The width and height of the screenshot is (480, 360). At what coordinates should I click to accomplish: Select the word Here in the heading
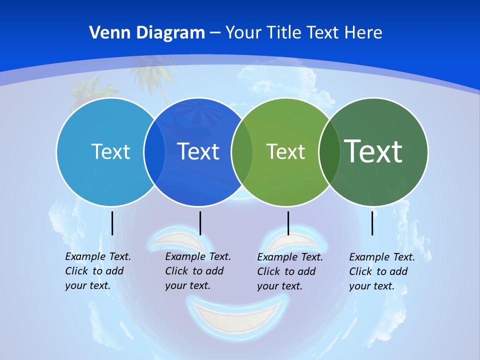(x=363, y=33)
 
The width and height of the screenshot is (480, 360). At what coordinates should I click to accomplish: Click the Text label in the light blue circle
(x=110, y=151)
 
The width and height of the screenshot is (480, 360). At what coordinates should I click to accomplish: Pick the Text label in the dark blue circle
(x=198, y=151)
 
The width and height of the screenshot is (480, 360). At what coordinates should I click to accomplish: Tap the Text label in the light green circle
(x=285, y=151)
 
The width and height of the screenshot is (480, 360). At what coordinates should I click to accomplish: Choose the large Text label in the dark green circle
(x=373, y=151)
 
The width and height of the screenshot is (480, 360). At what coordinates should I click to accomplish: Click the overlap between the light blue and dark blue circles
(x=154, y=152)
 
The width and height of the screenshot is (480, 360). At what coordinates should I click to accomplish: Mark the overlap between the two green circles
(x=329, y=152)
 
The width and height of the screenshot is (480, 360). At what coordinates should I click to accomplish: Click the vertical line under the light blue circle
(x=112, y=223)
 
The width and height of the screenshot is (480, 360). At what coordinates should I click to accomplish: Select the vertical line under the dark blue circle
(x=200, y=223)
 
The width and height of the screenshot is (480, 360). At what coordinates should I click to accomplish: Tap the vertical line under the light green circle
(x=288, y=223)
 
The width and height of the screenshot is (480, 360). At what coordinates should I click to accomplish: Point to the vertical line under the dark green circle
(x=372, y=223)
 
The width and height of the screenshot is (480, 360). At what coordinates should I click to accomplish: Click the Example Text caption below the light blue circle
(x=97, y=271)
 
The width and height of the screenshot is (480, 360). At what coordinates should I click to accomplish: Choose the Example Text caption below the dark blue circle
(x=197, y=271)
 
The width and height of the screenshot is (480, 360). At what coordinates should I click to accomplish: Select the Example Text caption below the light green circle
(x=289, y=271)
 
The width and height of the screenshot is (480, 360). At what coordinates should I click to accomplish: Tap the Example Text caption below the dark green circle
(x=381, y=271)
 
